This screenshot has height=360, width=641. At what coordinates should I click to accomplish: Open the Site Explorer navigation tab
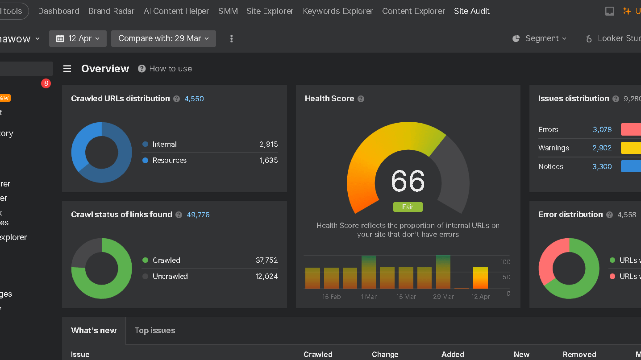pyautogui.click(x=270, y=11)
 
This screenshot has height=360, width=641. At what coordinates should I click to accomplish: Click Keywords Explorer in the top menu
pyautogui.click(x=337, y=11)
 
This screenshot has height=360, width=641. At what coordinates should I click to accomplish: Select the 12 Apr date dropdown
pyautogui.click(x=78, y=38)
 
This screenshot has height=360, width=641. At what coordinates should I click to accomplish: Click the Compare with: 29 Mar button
pyautogui.click(x=163, y=38)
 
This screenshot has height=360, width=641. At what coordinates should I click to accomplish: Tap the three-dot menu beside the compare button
pyautogui.click(x=231, y=39)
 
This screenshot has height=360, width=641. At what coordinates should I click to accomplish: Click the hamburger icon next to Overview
pyautogui.click(x=67, y=69)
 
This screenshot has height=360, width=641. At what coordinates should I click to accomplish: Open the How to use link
pyautogui.click(x=170, y=69)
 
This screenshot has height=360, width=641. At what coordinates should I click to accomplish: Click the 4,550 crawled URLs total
pyautogui.click(x=194, y=99)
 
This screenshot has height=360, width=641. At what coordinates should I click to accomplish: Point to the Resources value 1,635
pyautogui.click(x=268, y=160)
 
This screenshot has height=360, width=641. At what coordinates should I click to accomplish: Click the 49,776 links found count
pyautogui.click(x=198, y=215)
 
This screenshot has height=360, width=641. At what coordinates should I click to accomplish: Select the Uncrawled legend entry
pyautogui.click(x=170, y=276)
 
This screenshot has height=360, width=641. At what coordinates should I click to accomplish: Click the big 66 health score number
pyautogui.click(x=408, y=181)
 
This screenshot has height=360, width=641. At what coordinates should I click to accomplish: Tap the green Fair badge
pyautogui.click(x=408, y=207)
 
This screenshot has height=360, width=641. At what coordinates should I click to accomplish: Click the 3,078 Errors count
pyautogui.click(x=602, y=129)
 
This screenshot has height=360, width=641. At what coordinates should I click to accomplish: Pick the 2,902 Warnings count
pyautogui.click(x=602, y=148)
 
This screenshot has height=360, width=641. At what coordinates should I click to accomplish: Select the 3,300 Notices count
pyautogui.click(x=602, y=166)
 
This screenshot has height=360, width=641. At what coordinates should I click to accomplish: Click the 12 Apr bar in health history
pyautogui.click(x=480, y=277)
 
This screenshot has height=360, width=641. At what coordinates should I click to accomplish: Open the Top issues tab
pyautogui.click(x=154, y=331)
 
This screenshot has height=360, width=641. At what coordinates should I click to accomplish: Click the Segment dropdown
pyautogui.click(x=540, y=38)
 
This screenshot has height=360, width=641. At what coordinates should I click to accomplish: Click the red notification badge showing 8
pyautogui.click(x=46, y=83)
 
